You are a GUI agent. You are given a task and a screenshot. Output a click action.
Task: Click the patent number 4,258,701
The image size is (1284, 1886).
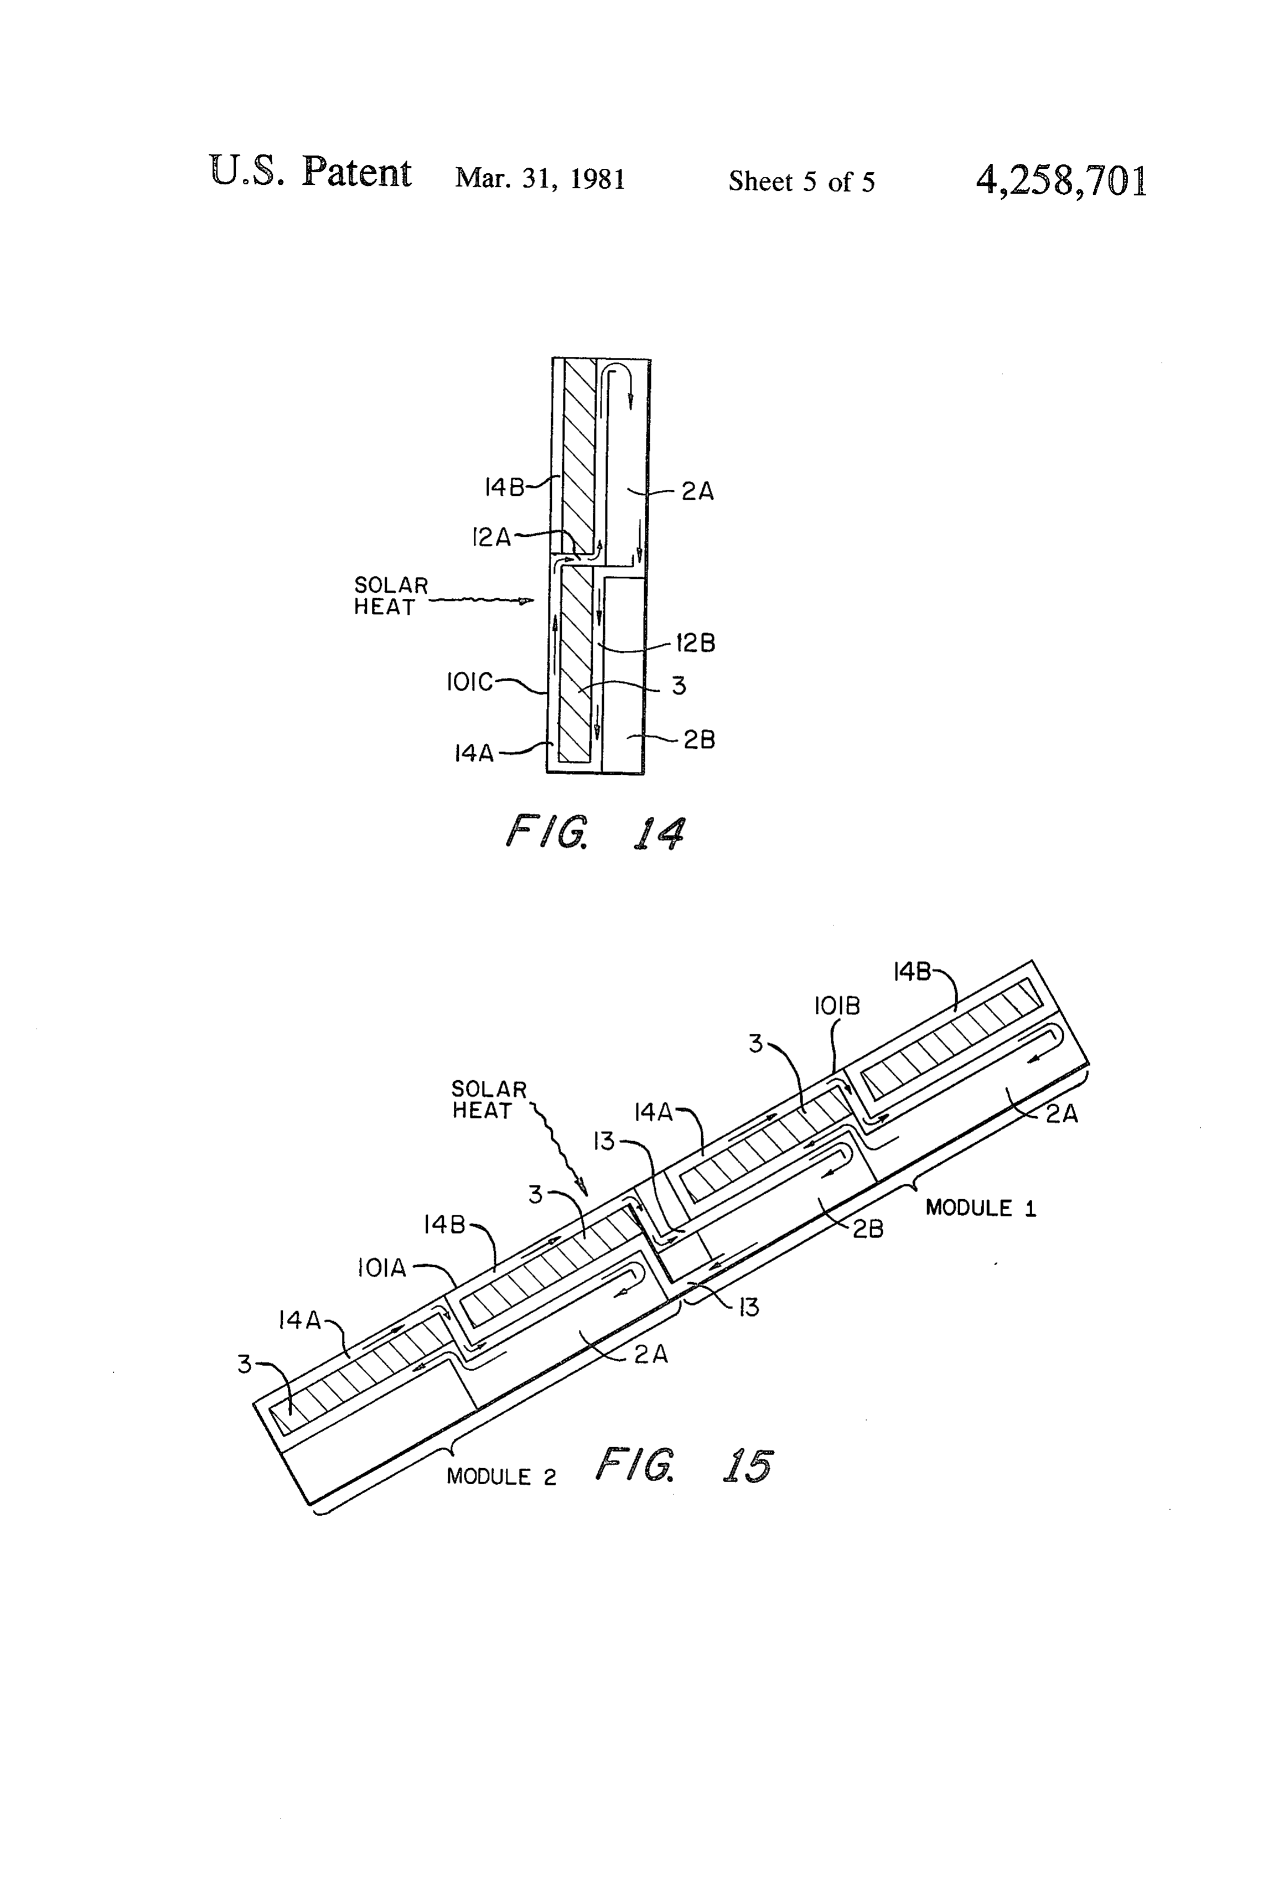1062,180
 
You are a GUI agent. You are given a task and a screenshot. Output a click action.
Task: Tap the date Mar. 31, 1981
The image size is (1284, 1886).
540,179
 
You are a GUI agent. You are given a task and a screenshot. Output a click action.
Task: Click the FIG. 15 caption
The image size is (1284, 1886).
684,1465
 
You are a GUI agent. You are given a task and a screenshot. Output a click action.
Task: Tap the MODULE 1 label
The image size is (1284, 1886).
981,1209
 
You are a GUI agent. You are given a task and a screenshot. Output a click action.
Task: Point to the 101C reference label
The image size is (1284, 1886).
469,682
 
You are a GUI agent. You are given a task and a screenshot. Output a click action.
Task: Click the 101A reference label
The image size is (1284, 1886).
381,1268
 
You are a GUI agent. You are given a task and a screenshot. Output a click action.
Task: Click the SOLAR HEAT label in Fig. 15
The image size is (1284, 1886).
489,1100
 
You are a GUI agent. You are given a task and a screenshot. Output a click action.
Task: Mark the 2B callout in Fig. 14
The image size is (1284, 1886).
699,740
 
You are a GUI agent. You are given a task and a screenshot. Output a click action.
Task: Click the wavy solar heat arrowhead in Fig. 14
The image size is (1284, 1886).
527,602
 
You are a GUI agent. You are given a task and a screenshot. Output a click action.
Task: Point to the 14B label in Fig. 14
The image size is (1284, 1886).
504,487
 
